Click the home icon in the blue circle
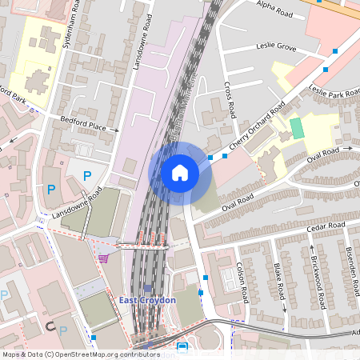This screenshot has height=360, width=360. (179, 172)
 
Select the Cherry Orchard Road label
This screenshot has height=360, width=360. (256, 128)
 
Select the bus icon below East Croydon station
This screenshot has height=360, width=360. (182, 347)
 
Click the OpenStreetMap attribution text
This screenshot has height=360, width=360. (81, 354)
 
